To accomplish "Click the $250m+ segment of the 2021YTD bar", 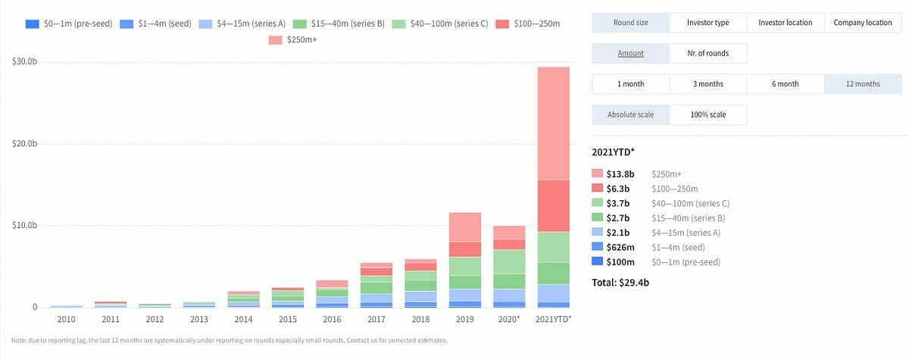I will tap(554, 124).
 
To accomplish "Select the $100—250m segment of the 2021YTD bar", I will tap(554, 205).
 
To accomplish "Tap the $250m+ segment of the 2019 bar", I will tap(464, 227).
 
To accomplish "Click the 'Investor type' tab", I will tap(708, 23).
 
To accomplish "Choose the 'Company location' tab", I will tap(862, 23).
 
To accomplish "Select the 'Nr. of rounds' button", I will tap(708, 53).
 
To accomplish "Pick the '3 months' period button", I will tap(708, 84).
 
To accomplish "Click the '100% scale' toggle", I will tap(708, 114).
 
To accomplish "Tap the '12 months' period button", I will tap(862, 84).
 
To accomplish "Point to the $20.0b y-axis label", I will tap(25, 144).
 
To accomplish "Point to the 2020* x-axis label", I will tap(510, 319).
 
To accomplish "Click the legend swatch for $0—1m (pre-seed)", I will tap(32, 23).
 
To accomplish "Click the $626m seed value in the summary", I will tap(620, 247).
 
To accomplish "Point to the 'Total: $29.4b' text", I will tap(621, 283).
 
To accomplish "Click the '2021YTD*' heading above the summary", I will tap(613, 152).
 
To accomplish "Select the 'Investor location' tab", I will tap(785, 23).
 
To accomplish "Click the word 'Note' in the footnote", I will tap(20, 340).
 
